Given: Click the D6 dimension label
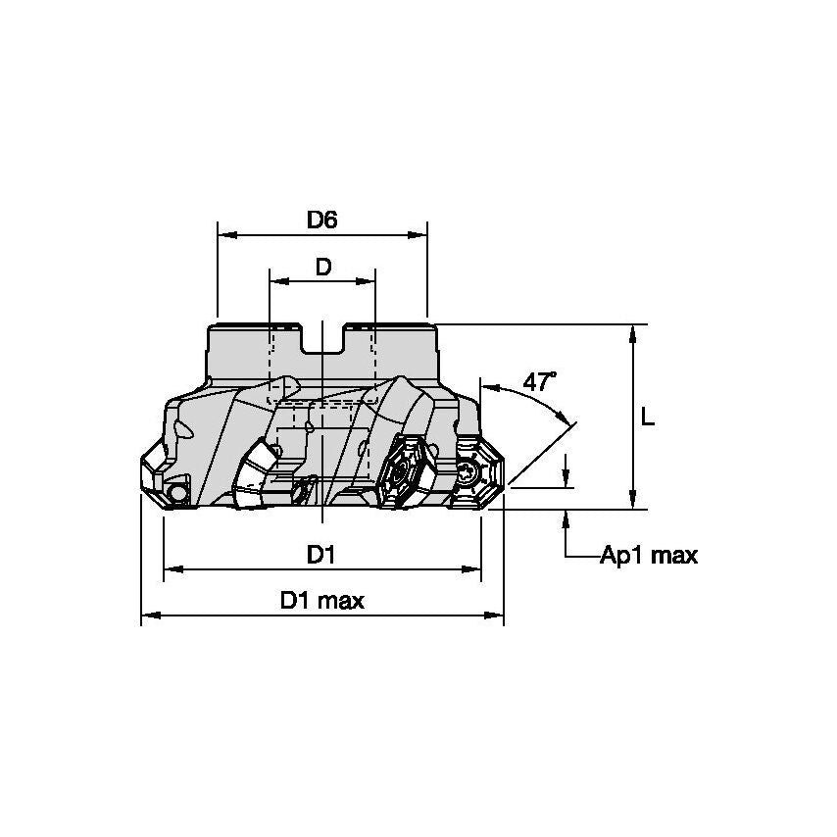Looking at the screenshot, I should (321, 220).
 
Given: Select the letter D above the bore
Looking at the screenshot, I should (321, 267).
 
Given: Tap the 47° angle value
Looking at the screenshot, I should (538, 381).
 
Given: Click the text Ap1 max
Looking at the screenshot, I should (649, 556).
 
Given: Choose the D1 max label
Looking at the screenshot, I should (321, 601).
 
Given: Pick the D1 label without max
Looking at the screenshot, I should (321, 555).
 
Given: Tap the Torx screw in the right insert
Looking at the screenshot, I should (469, 475).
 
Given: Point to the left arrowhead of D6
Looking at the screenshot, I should (224, 235).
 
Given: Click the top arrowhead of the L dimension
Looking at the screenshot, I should (634, 332).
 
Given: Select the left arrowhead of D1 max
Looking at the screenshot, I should (150, 616).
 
